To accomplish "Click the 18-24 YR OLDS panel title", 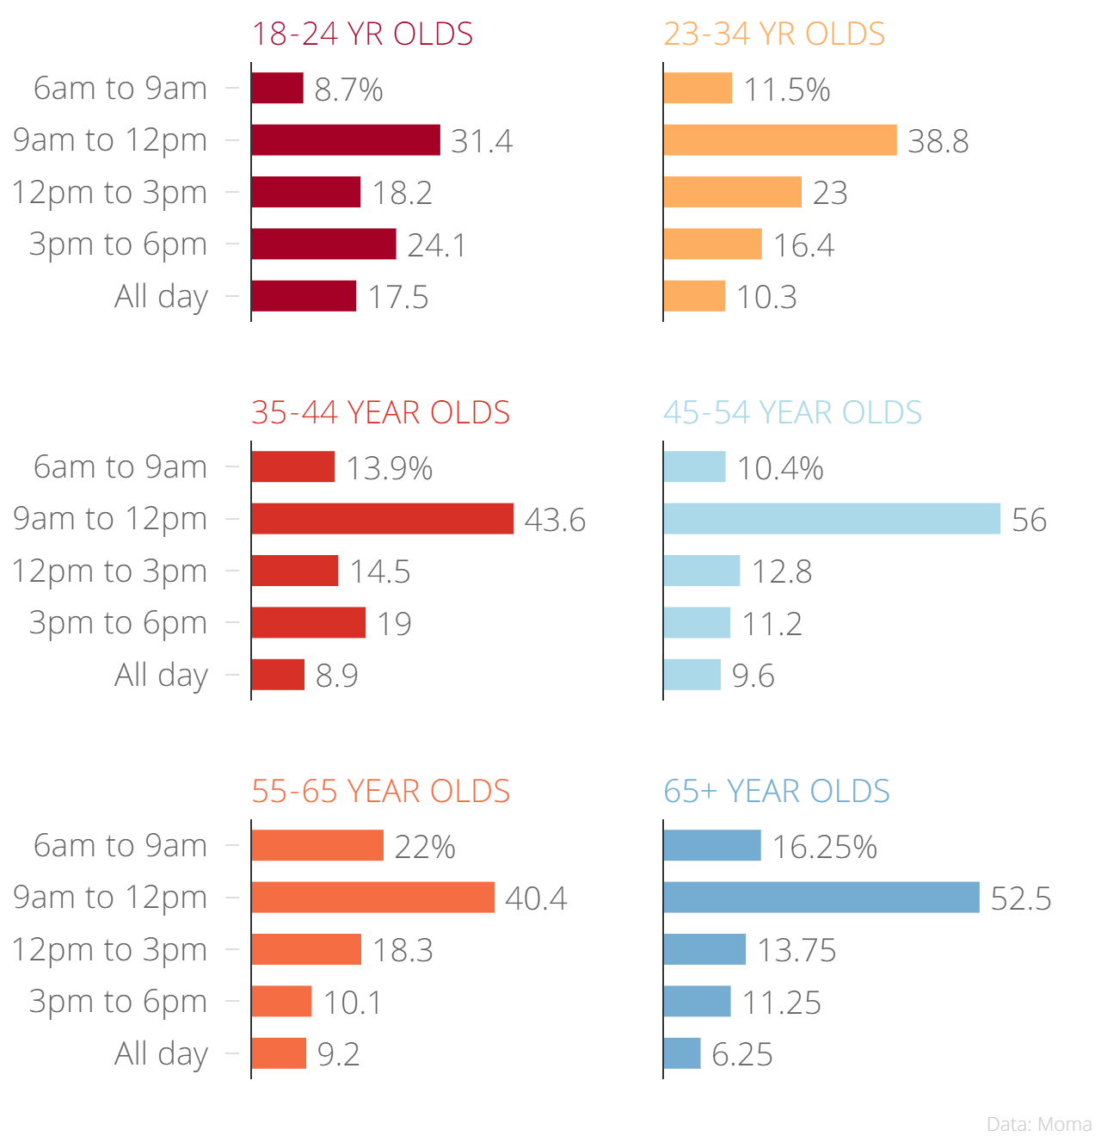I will (362, 34).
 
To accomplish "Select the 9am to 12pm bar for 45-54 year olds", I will (832, 519).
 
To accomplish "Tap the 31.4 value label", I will (482, 141).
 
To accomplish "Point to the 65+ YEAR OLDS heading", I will (777, 792).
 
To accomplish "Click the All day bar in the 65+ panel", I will (682, 1053).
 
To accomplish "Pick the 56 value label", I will (1029, 520).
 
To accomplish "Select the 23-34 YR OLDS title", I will (774, 34).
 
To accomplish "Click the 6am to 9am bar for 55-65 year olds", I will (317, 845).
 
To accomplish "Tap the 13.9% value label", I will (389, 468).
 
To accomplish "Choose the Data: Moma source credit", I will (1039, 1124).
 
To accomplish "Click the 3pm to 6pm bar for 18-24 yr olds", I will (323, 244).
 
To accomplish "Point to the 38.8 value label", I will (938, 141).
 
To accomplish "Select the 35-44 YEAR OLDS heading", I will (380, 413).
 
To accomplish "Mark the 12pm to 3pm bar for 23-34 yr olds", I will (732, 192).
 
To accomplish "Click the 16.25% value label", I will (824, 847).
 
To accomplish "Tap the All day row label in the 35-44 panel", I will (162, 675).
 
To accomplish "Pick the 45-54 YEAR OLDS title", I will (792, 413).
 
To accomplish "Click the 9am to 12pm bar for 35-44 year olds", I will (383, 519).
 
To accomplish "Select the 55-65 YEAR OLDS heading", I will (380, 792).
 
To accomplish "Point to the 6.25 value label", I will (742, 1054).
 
